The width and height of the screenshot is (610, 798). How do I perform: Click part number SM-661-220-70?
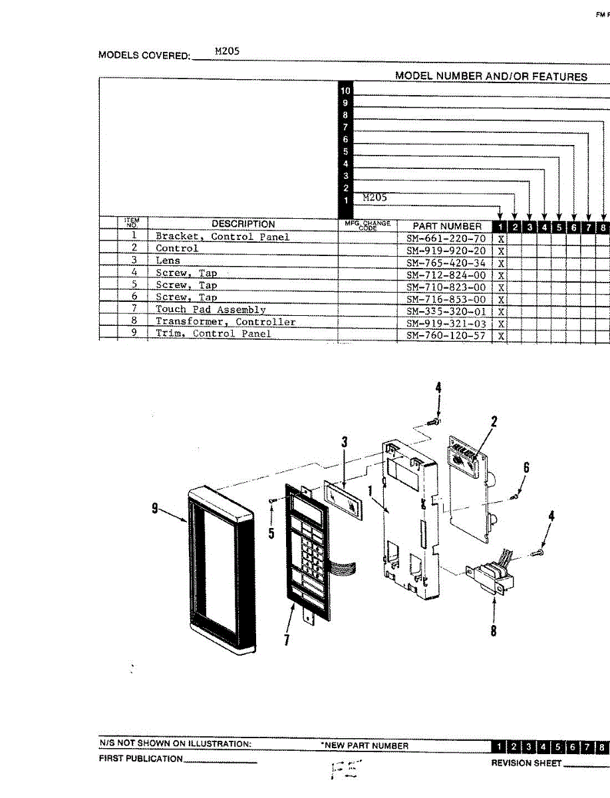tap(446, 237)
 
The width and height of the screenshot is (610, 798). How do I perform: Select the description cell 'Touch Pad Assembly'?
tap(211, 310)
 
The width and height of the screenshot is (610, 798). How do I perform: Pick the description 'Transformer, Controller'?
tap(226, 322)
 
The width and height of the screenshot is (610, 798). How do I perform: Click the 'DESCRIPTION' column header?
tap(243, 224)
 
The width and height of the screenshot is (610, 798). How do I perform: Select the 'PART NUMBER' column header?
tap(447, 226)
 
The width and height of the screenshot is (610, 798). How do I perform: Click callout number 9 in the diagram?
tap(154, 509)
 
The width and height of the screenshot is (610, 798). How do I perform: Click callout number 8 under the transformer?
tap(493, 629)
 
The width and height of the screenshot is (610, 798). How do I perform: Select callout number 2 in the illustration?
tap(494, 422)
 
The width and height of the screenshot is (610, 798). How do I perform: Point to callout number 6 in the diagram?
tap(526, 468)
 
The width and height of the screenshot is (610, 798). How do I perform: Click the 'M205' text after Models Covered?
tap(227, 51)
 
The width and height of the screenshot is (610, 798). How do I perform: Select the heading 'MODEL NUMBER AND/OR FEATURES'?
tap(491, 76)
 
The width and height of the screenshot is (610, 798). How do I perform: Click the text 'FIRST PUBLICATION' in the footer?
tap(140, 759)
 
